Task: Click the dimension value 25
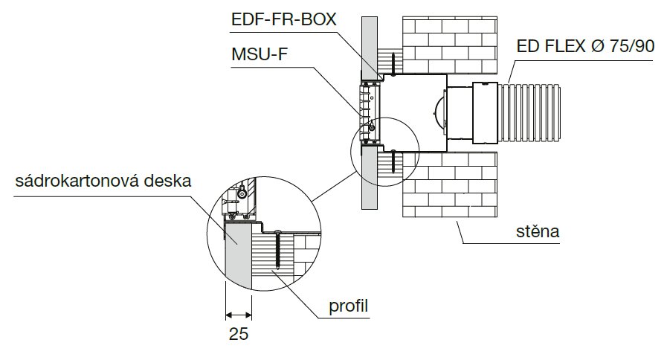(239, 334)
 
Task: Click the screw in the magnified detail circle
(277, 248)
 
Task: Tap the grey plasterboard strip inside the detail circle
(239, 257)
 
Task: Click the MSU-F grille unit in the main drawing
(370, 112)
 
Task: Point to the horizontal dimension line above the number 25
(239, 313)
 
